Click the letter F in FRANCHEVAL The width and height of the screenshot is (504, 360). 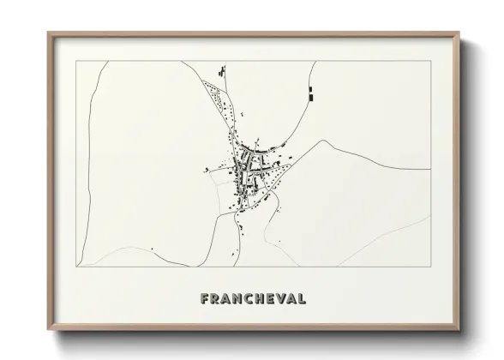205,300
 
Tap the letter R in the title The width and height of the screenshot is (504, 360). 216,300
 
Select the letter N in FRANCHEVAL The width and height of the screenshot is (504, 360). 240,300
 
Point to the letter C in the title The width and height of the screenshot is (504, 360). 252,300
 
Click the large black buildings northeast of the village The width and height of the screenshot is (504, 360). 309,93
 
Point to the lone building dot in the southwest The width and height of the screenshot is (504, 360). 152,249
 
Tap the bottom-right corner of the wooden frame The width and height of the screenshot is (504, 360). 459,333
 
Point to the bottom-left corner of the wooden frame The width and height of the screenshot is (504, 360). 49,333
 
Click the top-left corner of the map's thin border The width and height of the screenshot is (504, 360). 77,61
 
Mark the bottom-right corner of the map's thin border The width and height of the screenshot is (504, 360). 430,267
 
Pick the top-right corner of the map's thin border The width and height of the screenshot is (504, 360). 430,61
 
